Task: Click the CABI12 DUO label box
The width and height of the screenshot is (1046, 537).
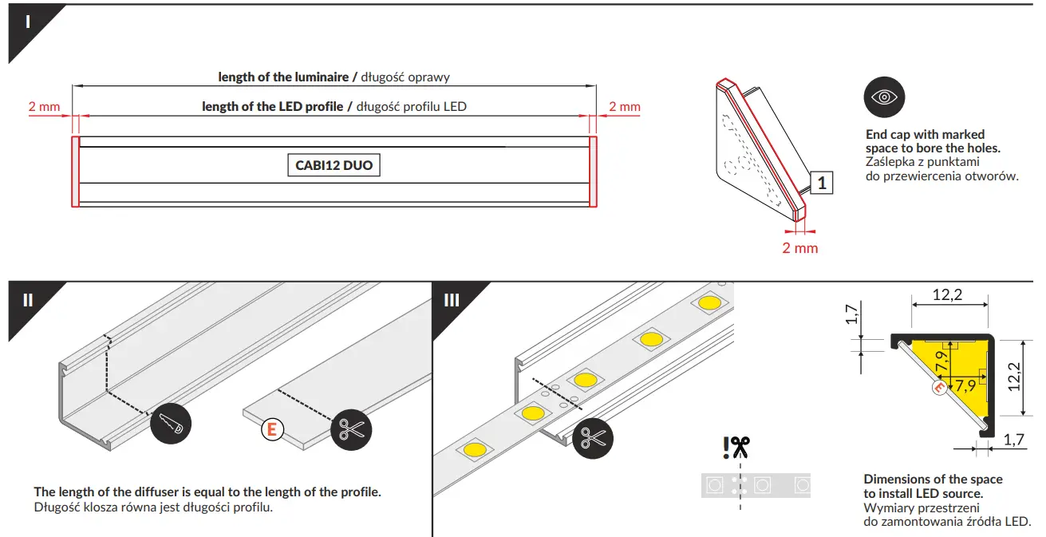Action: tap(333, 165)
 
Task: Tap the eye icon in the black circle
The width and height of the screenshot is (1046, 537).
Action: tap(884, 97)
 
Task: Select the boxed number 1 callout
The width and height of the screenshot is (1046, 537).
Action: tap(822, 183)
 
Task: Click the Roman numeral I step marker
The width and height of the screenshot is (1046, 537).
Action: tap(28, 22)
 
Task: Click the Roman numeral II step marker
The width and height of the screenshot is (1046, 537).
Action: tap(28, 300)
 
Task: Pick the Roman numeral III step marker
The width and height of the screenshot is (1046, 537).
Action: tap(452, 300)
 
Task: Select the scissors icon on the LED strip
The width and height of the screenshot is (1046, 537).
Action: tap(592, 437)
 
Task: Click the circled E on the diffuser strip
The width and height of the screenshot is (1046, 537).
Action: tap(272, 429)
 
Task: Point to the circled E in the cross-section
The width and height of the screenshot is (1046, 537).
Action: tap(940, 389)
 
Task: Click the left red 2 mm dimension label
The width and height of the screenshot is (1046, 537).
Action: tap(43, 107)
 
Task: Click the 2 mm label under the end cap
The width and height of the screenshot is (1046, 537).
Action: tap(799, 248)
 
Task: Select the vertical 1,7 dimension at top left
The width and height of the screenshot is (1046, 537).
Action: tap(852, 315)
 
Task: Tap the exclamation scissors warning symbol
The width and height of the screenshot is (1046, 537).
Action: tap(736, 448)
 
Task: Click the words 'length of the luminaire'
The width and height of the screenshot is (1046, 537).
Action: tap(283, 77)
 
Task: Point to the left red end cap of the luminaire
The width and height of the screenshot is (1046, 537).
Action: tap(75, 172)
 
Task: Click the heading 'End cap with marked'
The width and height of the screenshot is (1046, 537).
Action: tap(925, 134)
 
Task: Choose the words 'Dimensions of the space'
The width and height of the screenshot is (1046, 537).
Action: tap(933, 479)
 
